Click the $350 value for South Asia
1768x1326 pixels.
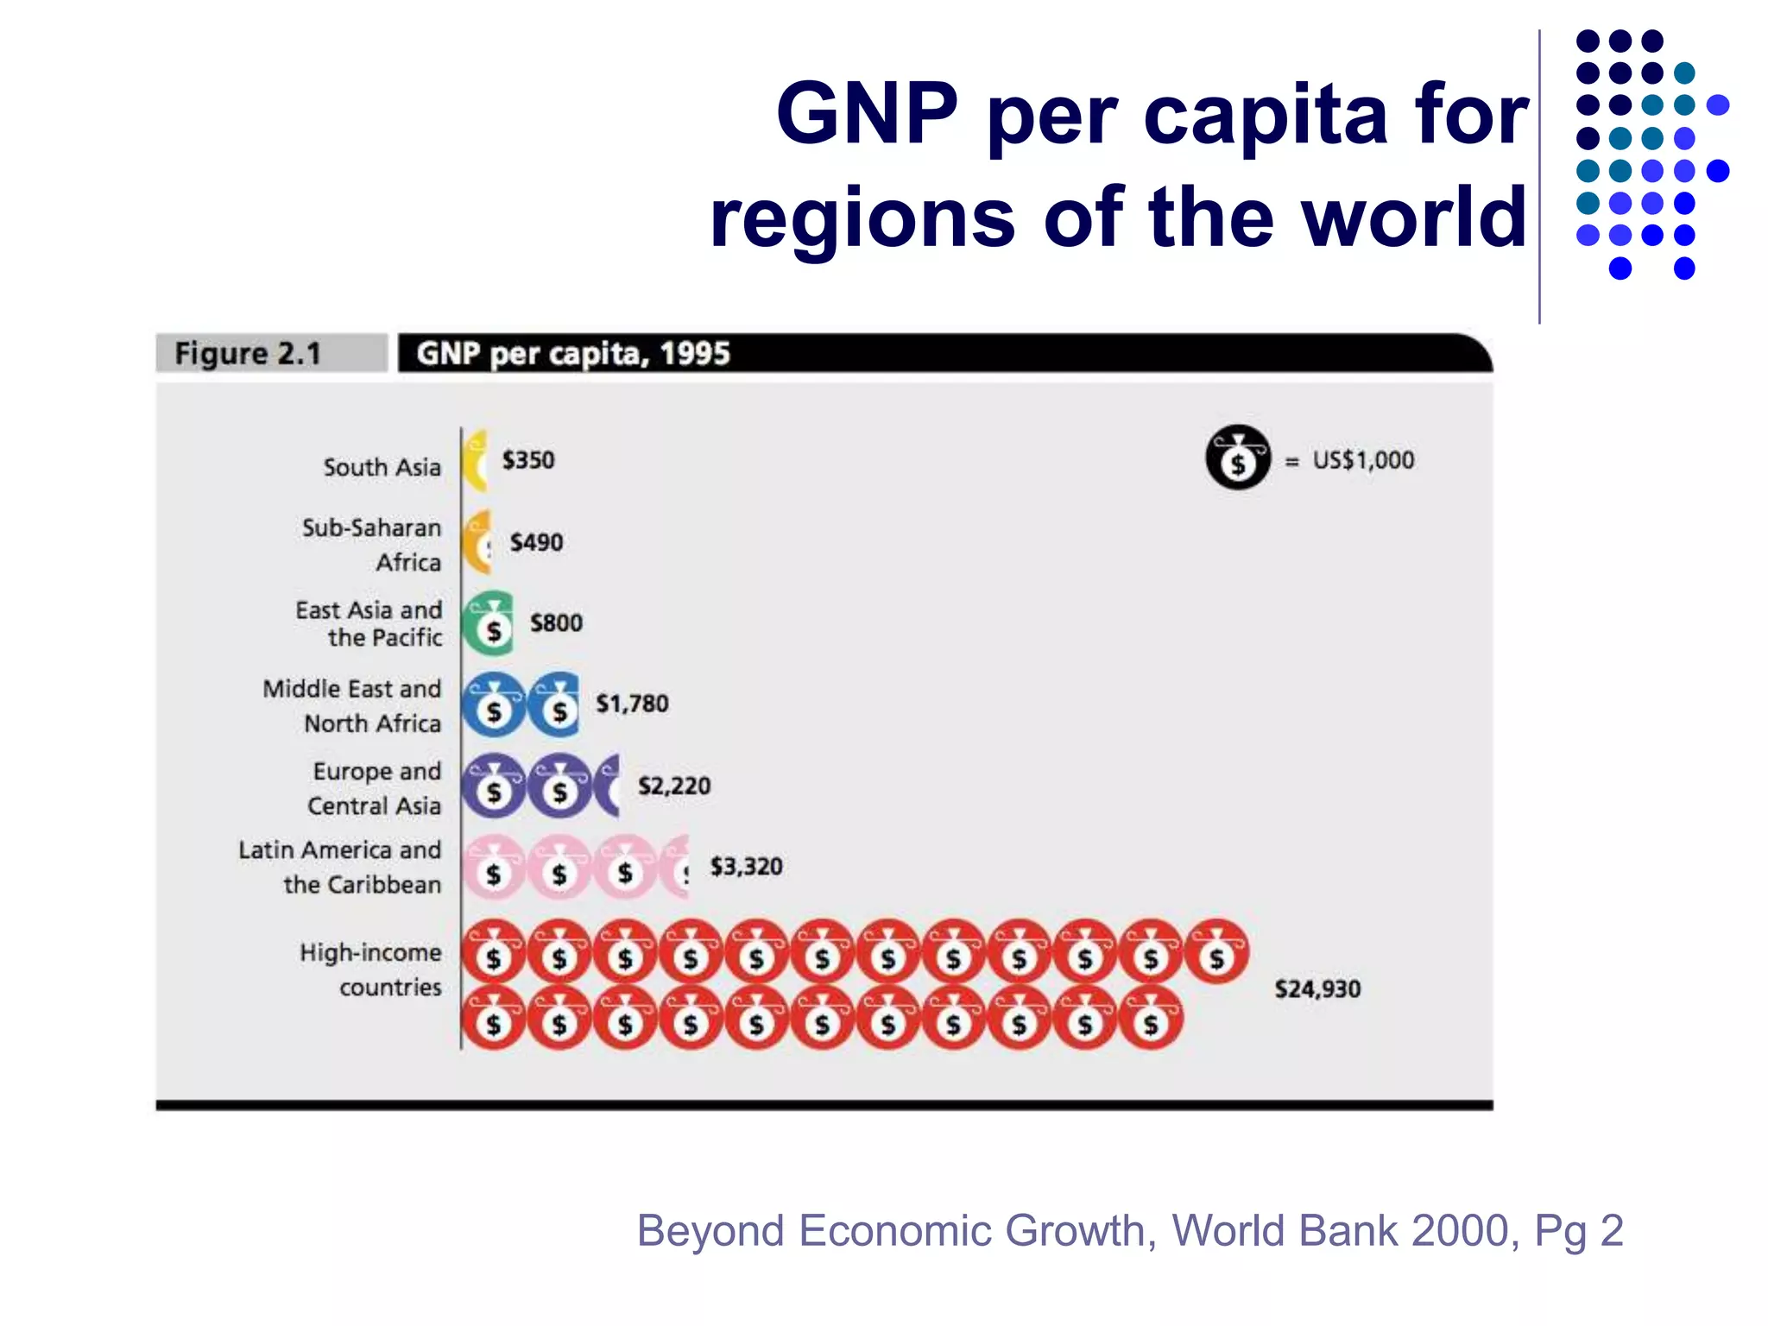(x=528, y=460)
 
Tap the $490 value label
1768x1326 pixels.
(x=536, y=542)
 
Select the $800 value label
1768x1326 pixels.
(x=556, y=622)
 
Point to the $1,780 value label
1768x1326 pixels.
(x=632, y=704)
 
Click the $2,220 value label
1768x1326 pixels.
(x=674, y=786)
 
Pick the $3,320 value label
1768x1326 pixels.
(x=746, y=866)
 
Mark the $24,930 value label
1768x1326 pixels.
(x=1317, y=988)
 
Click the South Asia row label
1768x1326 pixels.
(x=382, y=467)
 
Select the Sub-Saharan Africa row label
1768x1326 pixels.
(x=371, y=545)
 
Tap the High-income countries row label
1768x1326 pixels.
(x=370, y=969)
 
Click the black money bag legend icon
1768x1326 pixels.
(x=1238, y=458)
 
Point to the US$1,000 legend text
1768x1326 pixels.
(x=1363, y=460)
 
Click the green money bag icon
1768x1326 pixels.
(x=489, y=623)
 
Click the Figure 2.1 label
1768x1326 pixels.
(x=248, y=353)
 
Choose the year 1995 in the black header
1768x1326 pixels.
(x=694, y=353)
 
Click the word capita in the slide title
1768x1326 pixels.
(x=1265, y=115)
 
